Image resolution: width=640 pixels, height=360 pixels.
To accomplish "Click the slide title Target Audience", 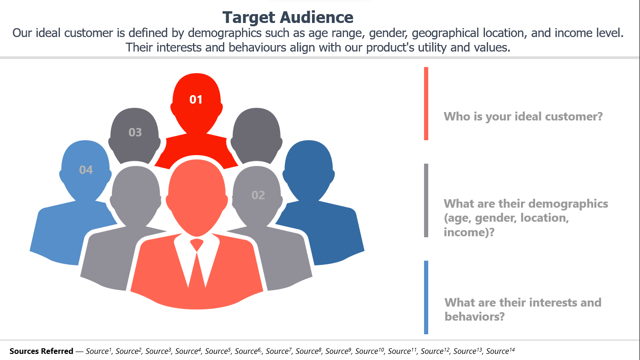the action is (288, 17).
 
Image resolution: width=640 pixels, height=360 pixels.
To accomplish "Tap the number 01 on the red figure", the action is (196, 99).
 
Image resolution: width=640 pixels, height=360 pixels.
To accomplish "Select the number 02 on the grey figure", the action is (258, 195).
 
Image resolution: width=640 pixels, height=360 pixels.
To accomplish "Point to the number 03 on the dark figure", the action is (135, 132).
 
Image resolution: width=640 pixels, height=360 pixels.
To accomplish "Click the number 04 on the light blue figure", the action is (86, 170).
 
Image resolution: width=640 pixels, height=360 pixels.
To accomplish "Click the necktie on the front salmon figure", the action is (197, 263).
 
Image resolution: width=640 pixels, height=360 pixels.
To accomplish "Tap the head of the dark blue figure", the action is (309, 169).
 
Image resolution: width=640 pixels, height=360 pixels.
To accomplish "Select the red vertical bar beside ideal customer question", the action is (426, 104).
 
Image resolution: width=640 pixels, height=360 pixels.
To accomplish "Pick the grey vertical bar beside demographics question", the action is (426, 200).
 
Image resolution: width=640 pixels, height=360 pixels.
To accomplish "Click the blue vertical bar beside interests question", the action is (426, 297).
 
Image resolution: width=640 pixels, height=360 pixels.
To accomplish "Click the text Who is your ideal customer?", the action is (523, 117).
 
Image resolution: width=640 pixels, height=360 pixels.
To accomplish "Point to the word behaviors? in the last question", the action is (475, 316).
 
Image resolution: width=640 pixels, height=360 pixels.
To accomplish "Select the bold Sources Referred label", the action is (41, 351).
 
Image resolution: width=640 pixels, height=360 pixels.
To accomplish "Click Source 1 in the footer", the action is (98, 351).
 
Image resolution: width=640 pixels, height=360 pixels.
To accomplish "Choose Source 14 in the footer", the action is (500, 351).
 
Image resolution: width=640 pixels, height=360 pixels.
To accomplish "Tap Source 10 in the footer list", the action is (370, 351).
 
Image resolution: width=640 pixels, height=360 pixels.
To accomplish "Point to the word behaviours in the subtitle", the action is (257, 47).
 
